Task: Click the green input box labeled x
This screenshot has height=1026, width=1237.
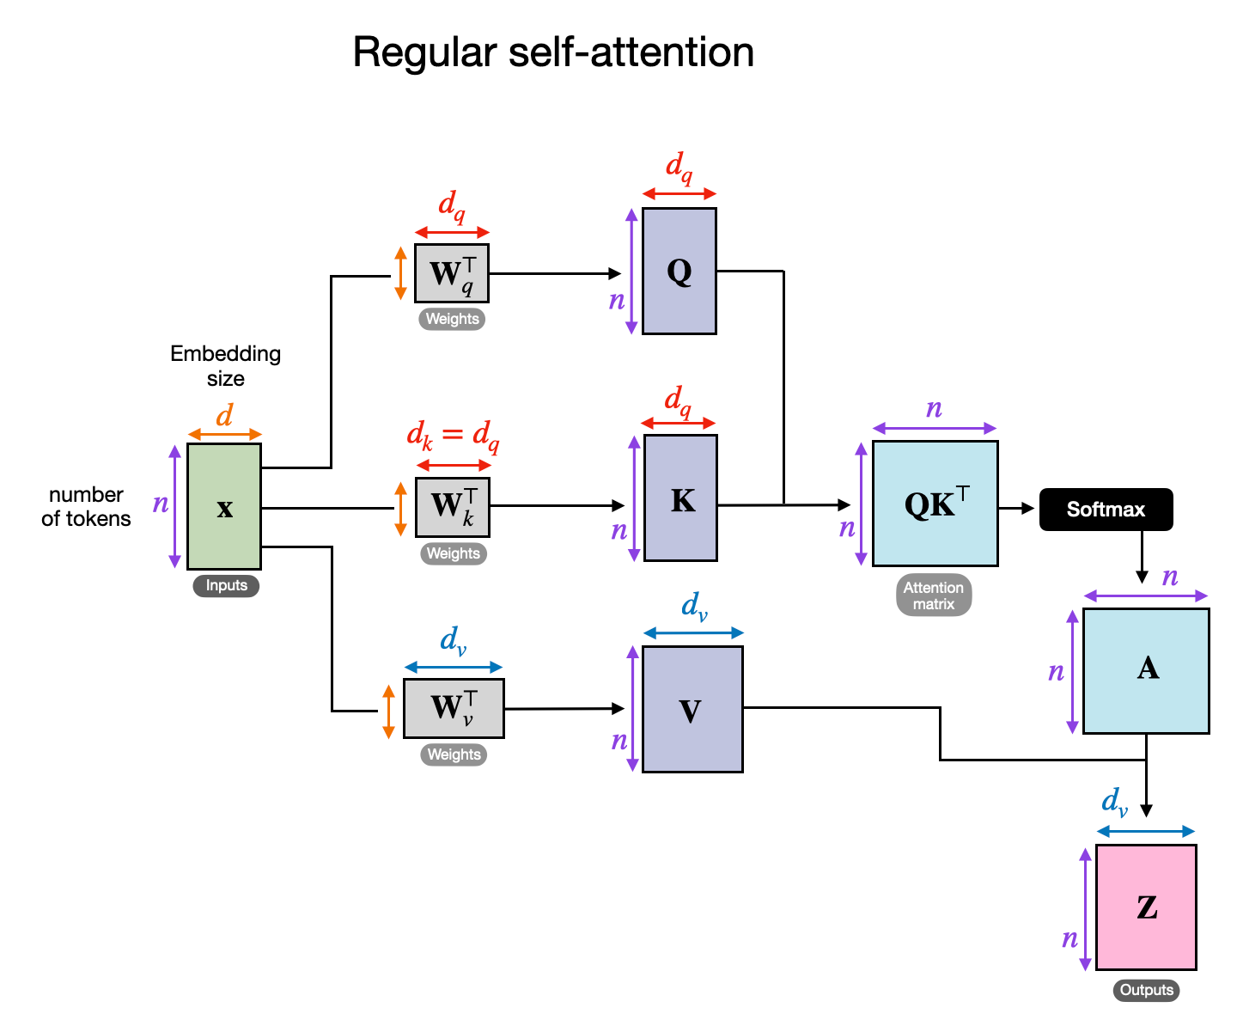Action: (x=224, y=506)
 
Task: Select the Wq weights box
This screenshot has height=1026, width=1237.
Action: (x=452, y=273)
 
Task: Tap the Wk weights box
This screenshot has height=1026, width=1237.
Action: (x=453, y=507)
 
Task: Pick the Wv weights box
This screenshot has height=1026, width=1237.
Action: (x=454, y=708)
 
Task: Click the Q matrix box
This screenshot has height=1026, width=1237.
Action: (x=679, y=271)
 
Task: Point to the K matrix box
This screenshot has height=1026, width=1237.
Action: (x=680, y=498)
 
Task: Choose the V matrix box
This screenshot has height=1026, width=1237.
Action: (x=692, y=710)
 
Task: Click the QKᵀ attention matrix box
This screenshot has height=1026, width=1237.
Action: (x=935, y=504)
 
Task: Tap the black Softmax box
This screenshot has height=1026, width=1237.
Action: (x=1106, y=510)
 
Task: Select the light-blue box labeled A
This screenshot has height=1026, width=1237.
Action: (x=1146, y=671)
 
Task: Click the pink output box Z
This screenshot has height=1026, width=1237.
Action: (x=1146, y=907)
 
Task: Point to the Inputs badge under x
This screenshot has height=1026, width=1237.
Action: (x=226, y=586)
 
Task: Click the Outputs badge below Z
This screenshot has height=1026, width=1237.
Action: (x=1146, y=990)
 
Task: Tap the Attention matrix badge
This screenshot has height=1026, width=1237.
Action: (x=934, y=595)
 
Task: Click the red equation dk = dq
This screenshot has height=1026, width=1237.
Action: (x=453, y=435)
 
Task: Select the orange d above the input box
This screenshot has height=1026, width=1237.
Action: (x=224, y=416)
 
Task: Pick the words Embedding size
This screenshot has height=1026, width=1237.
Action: (x=225, y=366)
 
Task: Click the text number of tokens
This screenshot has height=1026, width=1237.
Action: (x=86, y=506)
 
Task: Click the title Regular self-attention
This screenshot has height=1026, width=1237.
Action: (x=553, y=52)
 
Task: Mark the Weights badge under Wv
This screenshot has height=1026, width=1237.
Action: (x=454, y=754)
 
